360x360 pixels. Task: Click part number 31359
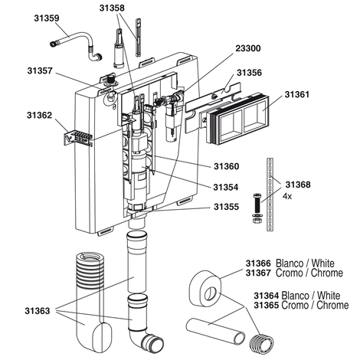click(47, 18)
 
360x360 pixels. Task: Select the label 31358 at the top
click(112, 8)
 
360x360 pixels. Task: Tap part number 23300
click(248, 48)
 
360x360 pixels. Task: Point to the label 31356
click(249, 73)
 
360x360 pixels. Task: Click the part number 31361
click(297, 94)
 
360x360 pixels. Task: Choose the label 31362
click(40, 116)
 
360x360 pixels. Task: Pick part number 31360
click(227, 166)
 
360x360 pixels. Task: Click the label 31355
click(227, 207)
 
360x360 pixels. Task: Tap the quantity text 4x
click(287, 196)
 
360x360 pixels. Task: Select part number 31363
click(38, 311)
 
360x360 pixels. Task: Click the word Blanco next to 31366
click(289, 263)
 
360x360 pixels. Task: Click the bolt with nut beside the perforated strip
click(257, 208)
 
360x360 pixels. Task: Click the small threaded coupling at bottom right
click(261, 344)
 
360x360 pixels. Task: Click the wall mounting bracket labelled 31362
click(77, 137)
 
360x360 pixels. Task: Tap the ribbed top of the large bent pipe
click(90, 270)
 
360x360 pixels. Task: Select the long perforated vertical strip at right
click(270, 195)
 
